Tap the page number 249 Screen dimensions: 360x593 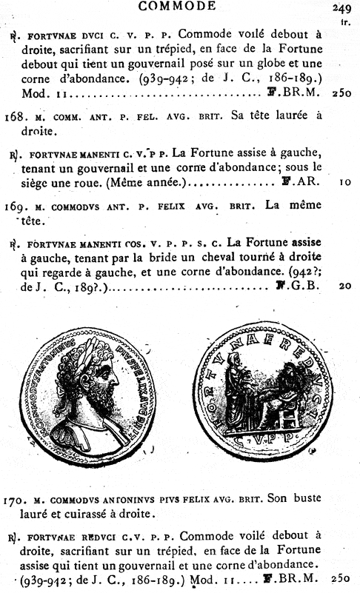coord(341,8)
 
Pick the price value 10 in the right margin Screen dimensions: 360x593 coord(345,182)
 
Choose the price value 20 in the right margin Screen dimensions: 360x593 coord(345,285)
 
